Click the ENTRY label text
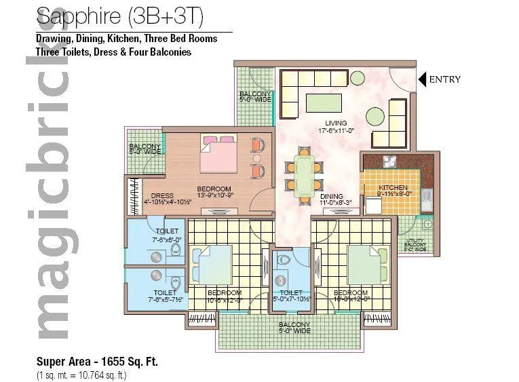click(x=444, y=79)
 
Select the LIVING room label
click(x=337, y=123)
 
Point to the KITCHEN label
click(x=392, y=187)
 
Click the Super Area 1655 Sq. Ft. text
click(x=96, y=362)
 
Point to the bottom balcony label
click(x=294, y=325)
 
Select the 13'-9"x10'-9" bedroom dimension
click(x=214, y=196)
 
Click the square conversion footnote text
click(x=81, y=375)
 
